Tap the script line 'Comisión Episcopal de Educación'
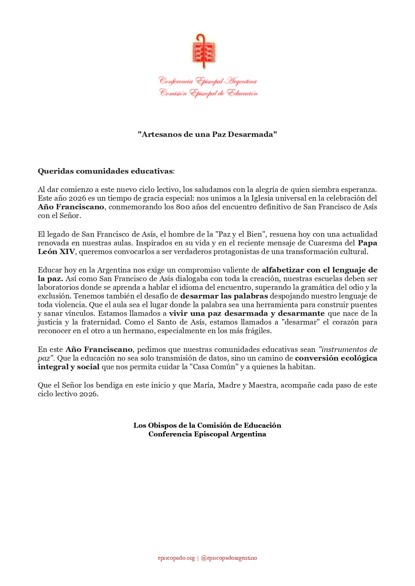[208, 93]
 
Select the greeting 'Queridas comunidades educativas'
[105, 171]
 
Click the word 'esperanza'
[360, 190]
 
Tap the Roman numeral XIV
[67, 252]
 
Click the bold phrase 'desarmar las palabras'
[224, 296]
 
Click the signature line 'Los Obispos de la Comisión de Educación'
[207, 425]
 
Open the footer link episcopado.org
[176, 558]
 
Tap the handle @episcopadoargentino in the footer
[229, 558]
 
